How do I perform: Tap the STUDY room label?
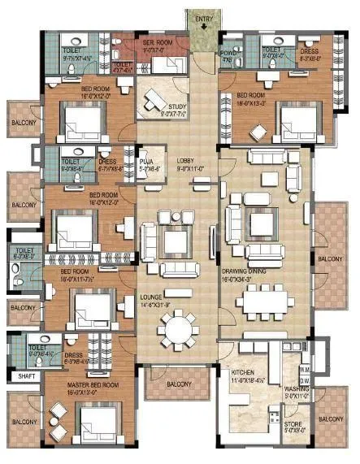178,106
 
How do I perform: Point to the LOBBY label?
186,161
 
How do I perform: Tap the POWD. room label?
228,54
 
